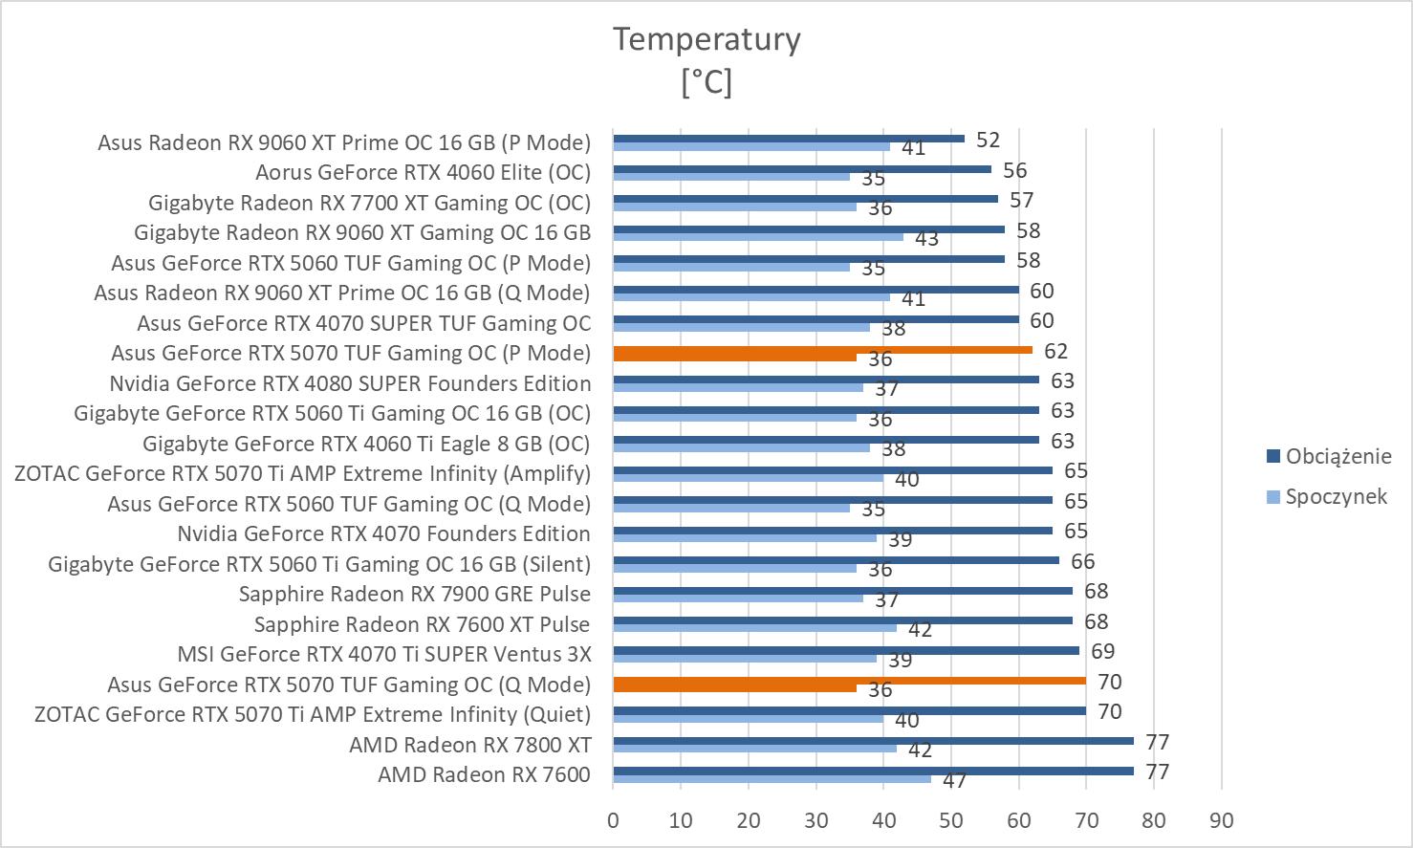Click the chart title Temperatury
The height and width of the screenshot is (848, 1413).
(706, 39)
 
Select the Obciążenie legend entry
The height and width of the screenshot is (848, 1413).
(1337, 456)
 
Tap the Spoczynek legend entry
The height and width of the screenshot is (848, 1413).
(1335, 496)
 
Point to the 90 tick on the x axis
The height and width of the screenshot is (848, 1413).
(1221, 820)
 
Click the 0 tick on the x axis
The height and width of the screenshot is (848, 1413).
(613, 820)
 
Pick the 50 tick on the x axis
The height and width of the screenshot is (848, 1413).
(950, 820)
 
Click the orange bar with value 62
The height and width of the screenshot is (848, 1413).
(822, 350)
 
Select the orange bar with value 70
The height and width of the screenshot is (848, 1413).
(849, 681)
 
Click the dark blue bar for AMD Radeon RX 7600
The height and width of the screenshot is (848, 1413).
(872, 771)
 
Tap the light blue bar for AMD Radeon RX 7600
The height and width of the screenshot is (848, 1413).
(771, 779)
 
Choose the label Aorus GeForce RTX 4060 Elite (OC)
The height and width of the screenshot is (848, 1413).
(423, 172)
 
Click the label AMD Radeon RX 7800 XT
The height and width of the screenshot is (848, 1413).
(469, 745)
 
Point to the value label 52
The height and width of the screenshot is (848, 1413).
(988, 140)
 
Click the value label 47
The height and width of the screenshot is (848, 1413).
(954, 780)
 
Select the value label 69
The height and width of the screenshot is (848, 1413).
(1102, 651)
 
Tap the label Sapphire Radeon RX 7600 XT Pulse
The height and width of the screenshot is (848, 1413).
(422, 624)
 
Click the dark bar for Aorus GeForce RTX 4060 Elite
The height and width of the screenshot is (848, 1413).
(801, 169)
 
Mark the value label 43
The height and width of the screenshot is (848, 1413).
(926, 238)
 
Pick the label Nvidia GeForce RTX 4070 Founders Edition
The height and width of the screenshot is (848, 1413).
(383, 533)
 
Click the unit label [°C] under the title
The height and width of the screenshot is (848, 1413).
(706, 81)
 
